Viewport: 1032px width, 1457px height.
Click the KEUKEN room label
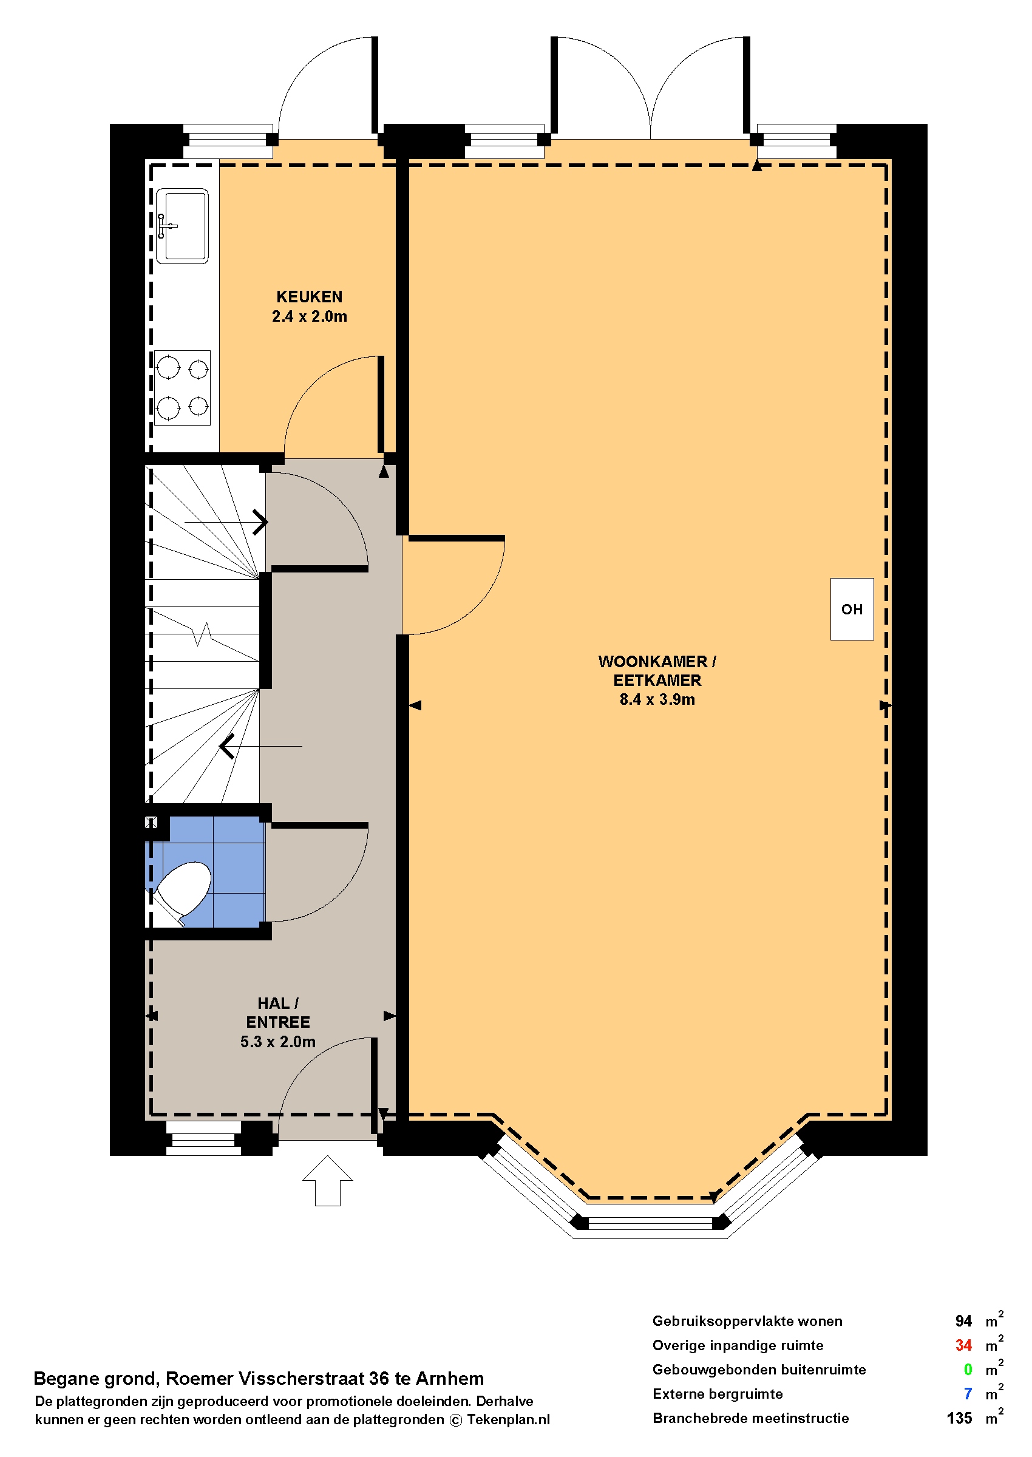tap(309, 297)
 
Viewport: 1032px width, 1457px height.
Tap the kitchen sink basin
tap(182, 226)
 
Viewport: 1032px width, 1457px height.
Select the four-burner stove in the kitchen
tap(182, 387)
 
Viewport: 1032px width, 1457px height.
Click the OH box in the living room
tap(852, 610)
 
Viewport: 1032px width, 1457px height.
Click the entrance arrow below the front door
tap(327, 1181)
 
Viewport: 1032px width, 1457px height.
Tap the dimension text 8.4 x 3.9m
tap(657, 699)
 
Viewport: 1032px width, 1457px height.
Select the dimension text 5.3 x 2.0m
tap(277, 1042)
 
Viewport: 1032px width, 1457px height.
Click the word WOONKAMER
tap(653, 662)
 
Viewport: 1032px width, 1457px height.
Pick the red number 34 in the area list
tap(963, 1345)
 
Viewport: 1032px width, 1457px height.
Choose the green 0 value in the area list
tap(968, 1370)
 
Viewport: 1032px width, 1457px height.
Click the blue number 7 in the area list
tap(968, 1393)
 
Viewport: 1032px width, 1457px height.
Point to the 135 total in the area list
tap(960, 1418)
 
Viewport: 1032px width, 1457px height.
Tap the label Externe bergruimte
tap(718, 1394)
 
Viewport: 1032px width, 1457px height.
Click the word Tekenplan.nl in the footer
tap(508, 1419)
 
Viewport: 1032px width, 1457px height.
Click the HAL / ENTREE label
tap(277, 1013)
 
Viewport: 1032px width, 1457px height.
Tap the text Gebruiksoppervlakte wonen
tap(747, 1321)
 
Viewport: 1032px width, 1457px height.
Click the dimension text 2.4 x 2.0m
tap(310, 316)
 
